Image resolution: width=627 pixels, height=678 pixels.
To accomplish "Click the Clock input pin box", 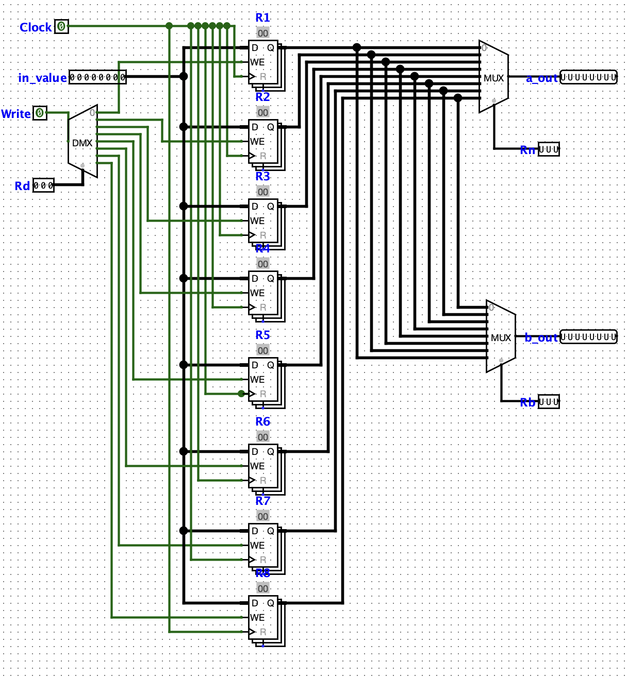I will pyautogui.click(x=61, y=26).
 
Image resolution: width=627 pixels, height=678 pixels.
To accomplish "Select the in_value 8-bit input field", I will pyautogui.click(x=97, y=77).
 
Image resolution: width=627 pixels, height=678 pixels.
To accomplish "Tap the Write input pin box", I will pyautogui.click(x=40, y=113).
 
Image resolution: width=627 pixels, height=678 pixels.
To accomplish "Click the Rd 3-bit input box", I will pyautogui.click(x=43, y=185).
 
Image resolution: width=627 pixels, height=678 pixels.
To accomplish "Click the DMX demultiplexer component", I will pyautogui.click(x=82, y=142).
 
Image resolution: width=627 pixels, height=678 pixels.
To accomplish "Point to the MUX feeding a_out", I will pyautogui.click(x=493, y=77).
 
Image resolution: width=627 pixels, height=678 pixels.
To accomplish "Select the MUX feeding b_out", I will pyautogui.click(x=501, y=337).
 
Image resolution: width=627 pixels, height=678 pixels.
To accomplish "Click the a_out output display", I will pyautogui.click(x=588, y=77).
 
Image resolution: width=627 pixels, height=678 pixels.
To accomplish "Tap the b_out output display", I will pyautogui.click(x=588, y=337).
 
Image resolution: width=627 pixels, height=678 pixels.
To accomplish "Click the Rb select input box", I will pyautogui.click(x=549, y=401).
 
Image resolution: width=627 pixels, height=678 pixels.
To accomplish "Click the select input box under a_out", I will pyautogui.click(x=549, y=149).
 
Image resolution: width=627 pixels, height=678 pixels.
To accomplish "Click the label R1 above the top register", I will pyautogui.click(x=262, y=18).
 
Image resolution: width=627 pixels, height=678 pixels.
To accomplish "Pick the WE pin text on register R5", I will pyautogui.click(x=257, y=379).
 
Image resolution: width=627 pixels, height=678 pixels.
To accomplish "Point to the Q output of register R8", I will pyautogui.click(x=271, y=603).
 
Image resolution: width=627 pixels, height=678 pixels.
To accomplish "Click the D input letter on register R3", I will pyautogui.click(x=255, y=206).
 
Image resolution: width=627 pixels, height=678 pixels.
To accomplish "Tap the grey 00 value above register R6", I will pyautogui.click(x=263, y=437).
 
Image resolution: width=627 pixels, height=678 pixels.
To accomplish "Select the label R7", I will pyautogui.click(x=262, y=500).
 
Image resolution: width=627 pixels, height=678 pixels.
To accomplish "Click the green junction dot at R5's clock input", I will pyautogui.click(x=241, y=394).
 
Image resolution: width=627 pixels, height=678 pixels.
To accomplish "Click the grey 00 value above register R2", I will pyautogui.click(x=263, y=112).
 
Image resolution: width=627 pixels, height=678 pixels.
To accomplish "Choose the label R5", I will pyautogui.click(x=262, y=335).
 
